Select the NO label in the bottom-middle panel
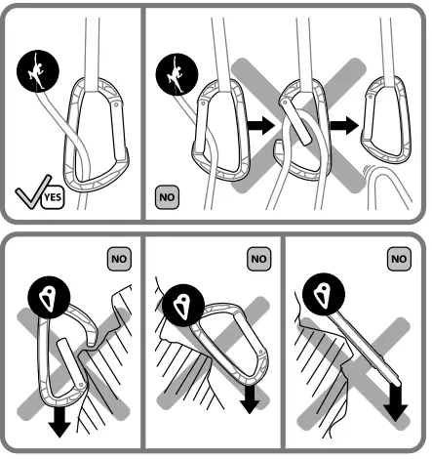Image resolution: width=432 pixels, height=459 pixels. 258,258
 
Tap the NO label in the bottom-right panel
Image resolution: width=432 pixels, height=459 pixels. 399,258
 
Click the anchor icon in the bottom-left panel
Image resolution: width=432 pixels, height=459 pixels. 49,295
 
